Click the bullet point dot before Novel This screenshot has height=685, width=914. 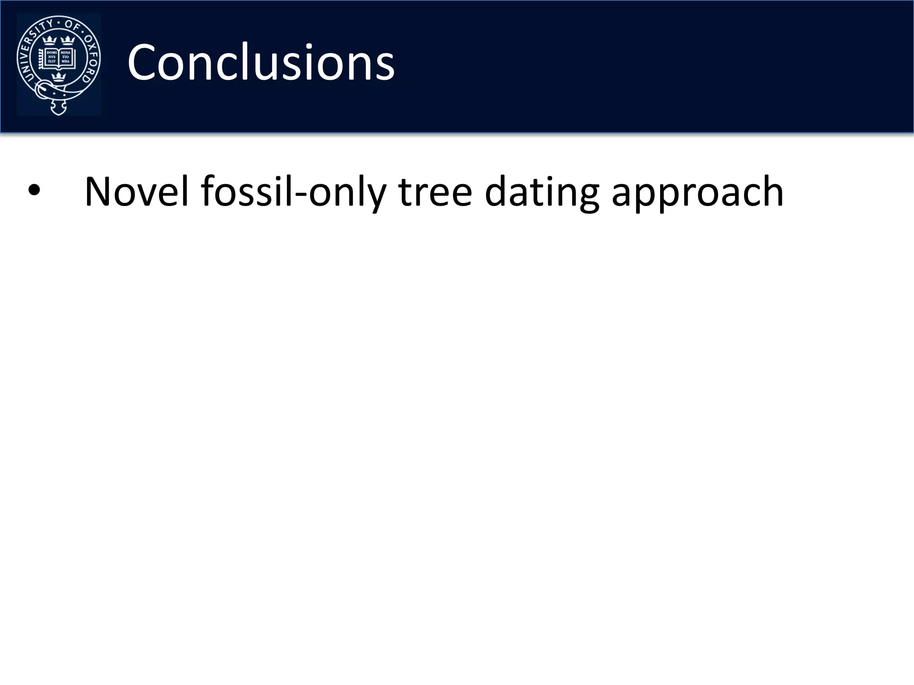coord(34,191)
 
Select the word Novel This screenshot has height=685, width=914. coord(137,192)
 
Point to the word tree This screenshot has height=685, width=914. coord(435,192)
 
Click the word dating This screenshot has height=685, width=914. coord(542,192)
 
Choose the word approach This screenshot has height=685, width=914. coord(697,192)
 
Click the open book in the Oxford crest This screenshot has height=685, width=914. coord(58,58)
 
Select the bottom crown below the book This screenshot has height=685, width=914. coord(58,78)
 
